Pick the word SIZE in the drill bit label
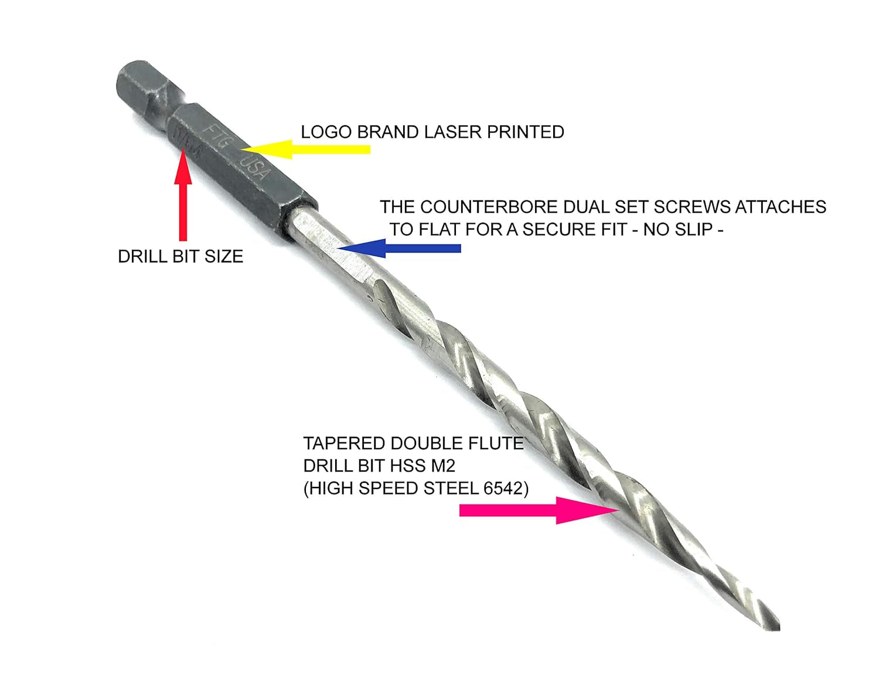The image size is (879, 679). click(x=224, y=257)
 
